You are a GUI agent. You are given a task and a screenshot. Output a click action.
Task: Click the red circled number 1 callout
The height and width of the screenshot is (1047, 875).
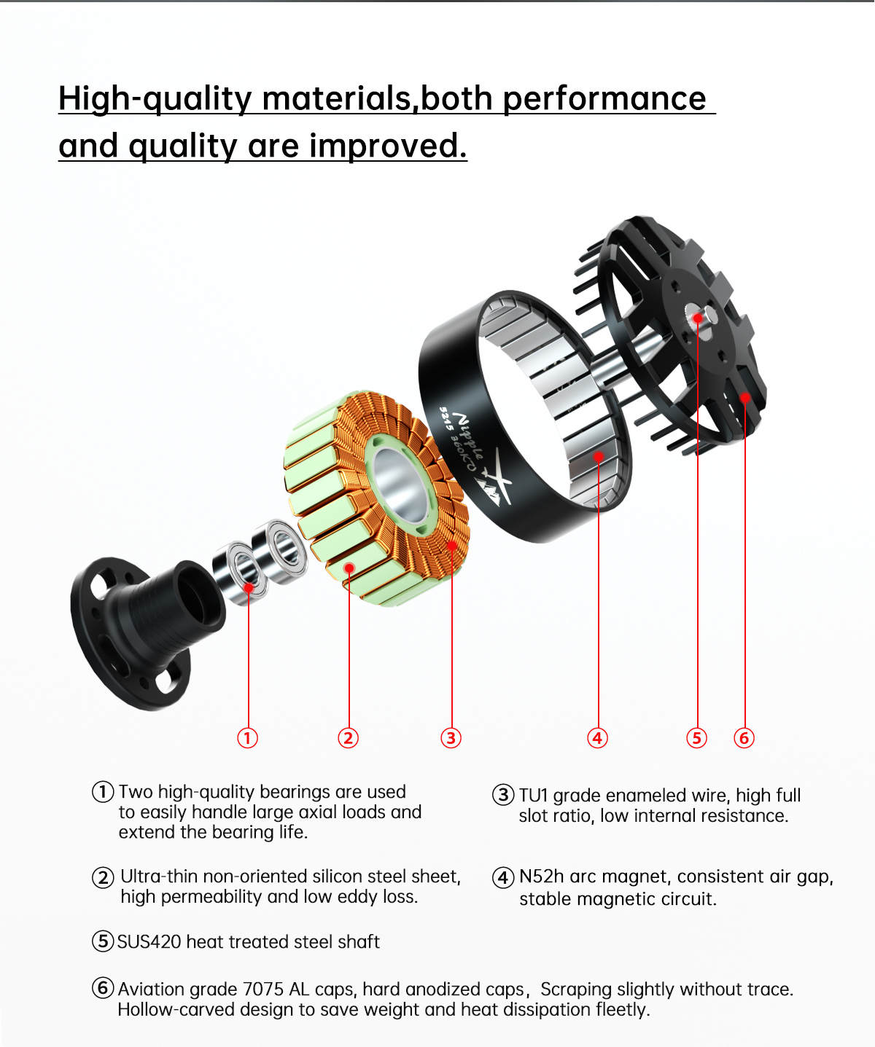(x=247, y=738)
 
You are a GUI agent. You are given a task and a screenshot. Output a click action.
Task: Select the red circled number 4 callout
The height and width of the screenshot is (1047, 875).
(x=597, y=738)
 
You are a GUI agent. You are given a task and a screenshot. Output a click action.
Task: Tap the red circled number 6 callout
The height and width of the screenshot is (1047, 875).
(x=744, y=738)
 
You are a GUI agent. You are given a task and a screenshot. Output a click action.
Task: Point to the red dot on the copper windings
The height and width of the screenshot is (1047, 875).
(x=452, y=546)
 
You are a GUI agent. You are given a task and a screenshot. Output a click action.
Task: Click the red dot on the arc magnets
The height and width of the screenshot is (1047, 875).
(x=599, y=456)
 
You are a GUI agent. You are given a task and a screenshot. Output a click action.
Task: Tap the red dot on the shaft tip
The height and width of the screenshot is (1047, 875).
(x=697, y=318)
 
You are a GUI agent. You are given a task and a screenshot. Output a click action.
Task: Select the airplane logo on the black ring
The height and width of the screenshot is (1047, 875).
(x=494, y=479)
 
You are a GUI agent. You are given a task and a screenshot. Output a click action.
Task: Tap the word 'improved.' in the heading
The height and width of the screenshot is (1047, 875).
(x=388, y=146)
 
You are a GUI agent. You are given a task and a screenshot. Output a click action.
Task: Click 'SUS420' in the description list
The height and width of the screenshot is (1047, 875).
(x=149, y=941)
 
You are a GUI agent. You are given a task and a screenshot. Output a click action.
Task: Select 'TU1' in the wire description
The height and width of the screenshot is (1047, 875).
(x=533, y=796)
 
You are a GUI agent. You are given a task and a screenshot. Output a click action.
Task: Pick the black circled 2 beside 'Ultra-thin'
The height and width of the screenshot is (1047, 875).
(x=103, y=877)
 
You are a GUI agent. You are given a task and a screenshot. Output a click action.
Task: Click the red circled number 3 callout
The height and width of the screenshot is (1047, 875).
(x=451, y=738)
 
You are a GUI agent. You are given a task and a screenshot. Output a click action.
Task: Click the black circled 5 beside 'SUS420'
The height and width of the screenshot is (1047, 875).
(x=103, y=941)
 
